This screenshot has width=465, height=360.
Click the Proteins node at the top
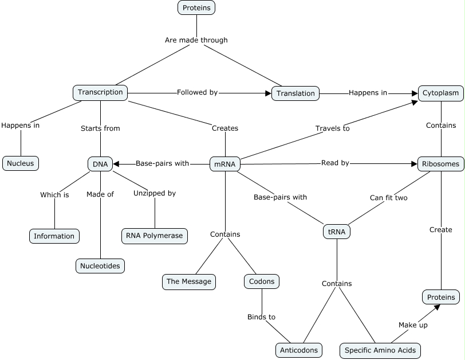pyautogui.click(x=196, y=7)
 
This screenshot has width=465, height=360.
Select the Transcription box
pyautogui.click(x=100, y=92)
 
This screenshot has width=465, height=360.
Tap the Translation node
pyautogui.click(x=295, y=93)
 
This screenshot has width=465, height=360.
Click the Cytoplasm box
pyautogui.click(x=440, y=92)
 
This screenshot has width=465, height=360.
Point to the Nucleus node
pyautogui.click(x=21, y=163)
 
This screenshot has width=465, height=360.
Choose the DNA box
pyautogui.click(x=100, y=164)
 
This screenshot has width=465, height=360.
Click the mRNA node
pyautogui.click(x=225, y=164)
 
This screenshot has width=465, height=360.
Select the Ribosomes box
pyautogui.click(x=440, y=164)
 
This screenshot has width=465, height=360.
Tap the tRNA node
pyautogui.click(x=337, y=232)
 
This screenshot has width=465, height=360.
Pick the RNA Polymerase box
pyautogui.click(x=155, y=236)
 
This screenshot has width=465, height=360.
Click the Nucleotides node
pyautogui.click(x=100, y=265)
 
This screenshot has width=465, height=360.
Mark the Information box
pyautogui.click(x=54, y=236)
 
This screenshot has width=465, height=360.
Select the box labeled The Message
pyautogui.click(x=188, y=281)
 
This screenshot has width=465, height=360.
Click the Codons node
pyautogui.click(x=262, y=281)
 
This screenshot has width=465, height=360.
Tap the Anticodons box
pyautogui.click(x=298, y=350)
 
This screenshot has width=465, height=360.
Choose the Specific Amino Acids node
pyautogui.click(x=380, y=350)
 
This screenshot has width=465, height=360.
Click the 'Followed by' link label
pyautogui.click(x=197, y=92)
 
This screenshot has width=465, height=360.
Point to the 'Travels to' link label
pyautogui.click(x=332, y=128)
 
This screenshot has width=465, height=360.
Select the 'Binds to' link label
pyautogui.click(x=261, y=316)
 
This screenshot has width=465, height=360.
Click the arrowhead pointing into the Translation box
pyautogui.click(x=267, y=93)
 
